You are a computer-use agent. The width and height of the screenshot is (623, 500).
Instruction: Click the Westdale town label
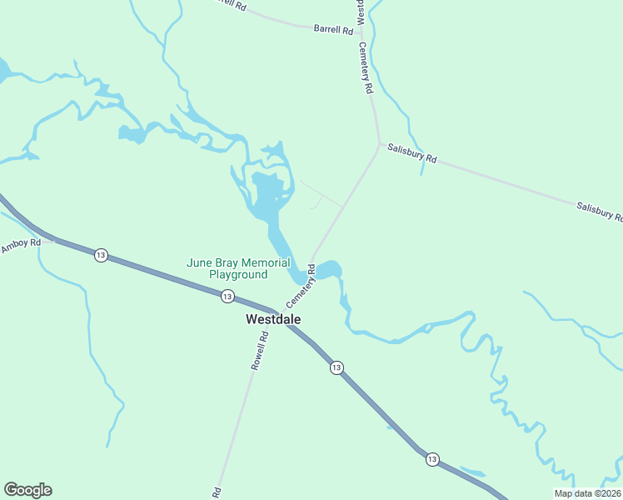(x=273, y=319)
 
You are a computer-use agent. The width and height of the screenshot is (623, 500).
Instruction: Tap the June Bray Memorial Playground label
(x=238, y=268)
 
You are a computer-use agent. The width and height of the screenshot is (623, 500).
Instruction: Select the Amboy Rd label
(x=20, y=246)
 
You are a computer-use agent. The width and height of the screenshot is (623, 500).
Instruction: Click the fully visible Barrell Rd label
(x=334, y=28)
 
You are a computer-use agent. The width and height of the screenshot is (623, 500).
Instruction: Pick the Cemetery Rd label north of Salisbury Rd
(x=365, y=67)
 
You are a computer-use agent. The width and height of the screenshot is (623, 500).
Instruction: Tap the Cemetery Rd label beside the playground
(x=301, y=285)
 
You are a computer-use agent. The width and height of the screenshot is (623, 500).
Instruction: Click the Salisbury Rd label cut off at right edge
(x=600, y=211)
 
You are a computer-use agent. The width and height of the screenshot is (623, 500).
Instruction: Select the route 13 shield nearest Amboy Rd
(x=101, y=255)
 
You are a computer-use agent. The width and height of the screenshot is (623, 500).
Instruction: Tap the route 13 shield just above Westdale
(x=227, y=295)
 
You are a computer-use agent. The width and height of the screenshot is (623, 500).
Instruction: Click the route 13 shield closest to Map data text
(x=431, y=460)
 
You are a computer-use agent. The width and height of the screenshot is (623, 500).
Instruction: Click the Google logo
(x=27, y=490)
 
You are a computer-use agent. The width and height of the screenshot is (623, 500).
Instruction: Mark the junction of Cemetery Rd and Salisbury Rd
(x=380, y=145)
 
